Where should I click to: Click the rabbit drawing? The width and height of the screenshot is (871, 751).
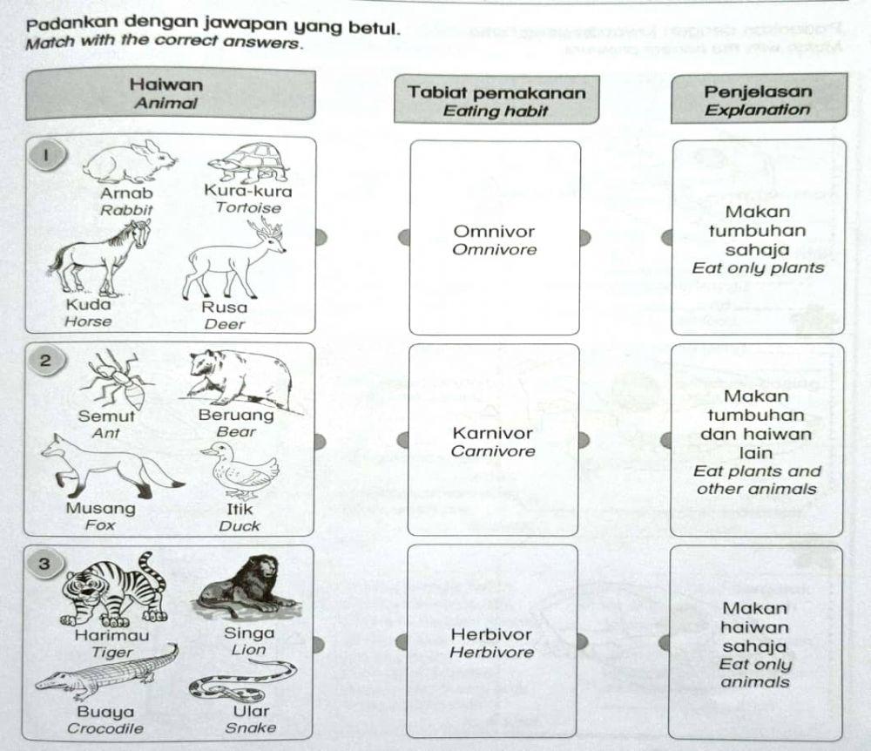pyautogui.click(x=129, y=162)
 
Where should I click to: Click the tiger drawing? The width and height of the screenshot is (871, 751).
pyautogui.click(x=111, y=589)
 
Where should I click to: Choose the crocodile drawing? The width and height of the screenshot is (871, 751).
pyautogui.click(x=105, y=675)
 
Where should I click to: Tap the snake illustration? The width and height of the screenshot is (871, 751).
pyautogui.click(x=241, y=680)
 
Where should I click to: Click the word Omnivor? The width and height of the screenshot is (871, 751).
pyautogui.click(x=495, y=232)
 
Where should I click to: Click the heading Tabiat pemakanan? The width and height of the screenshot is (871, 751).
pyautogui.click(x=496, y=92)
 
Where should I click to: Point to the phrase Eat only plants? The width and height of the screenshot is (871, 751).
pyautogui.click(x=758, y=268)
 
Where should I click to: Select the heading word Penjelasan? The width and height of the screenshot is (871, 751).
pyautogui.click(x=758, y=91)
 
